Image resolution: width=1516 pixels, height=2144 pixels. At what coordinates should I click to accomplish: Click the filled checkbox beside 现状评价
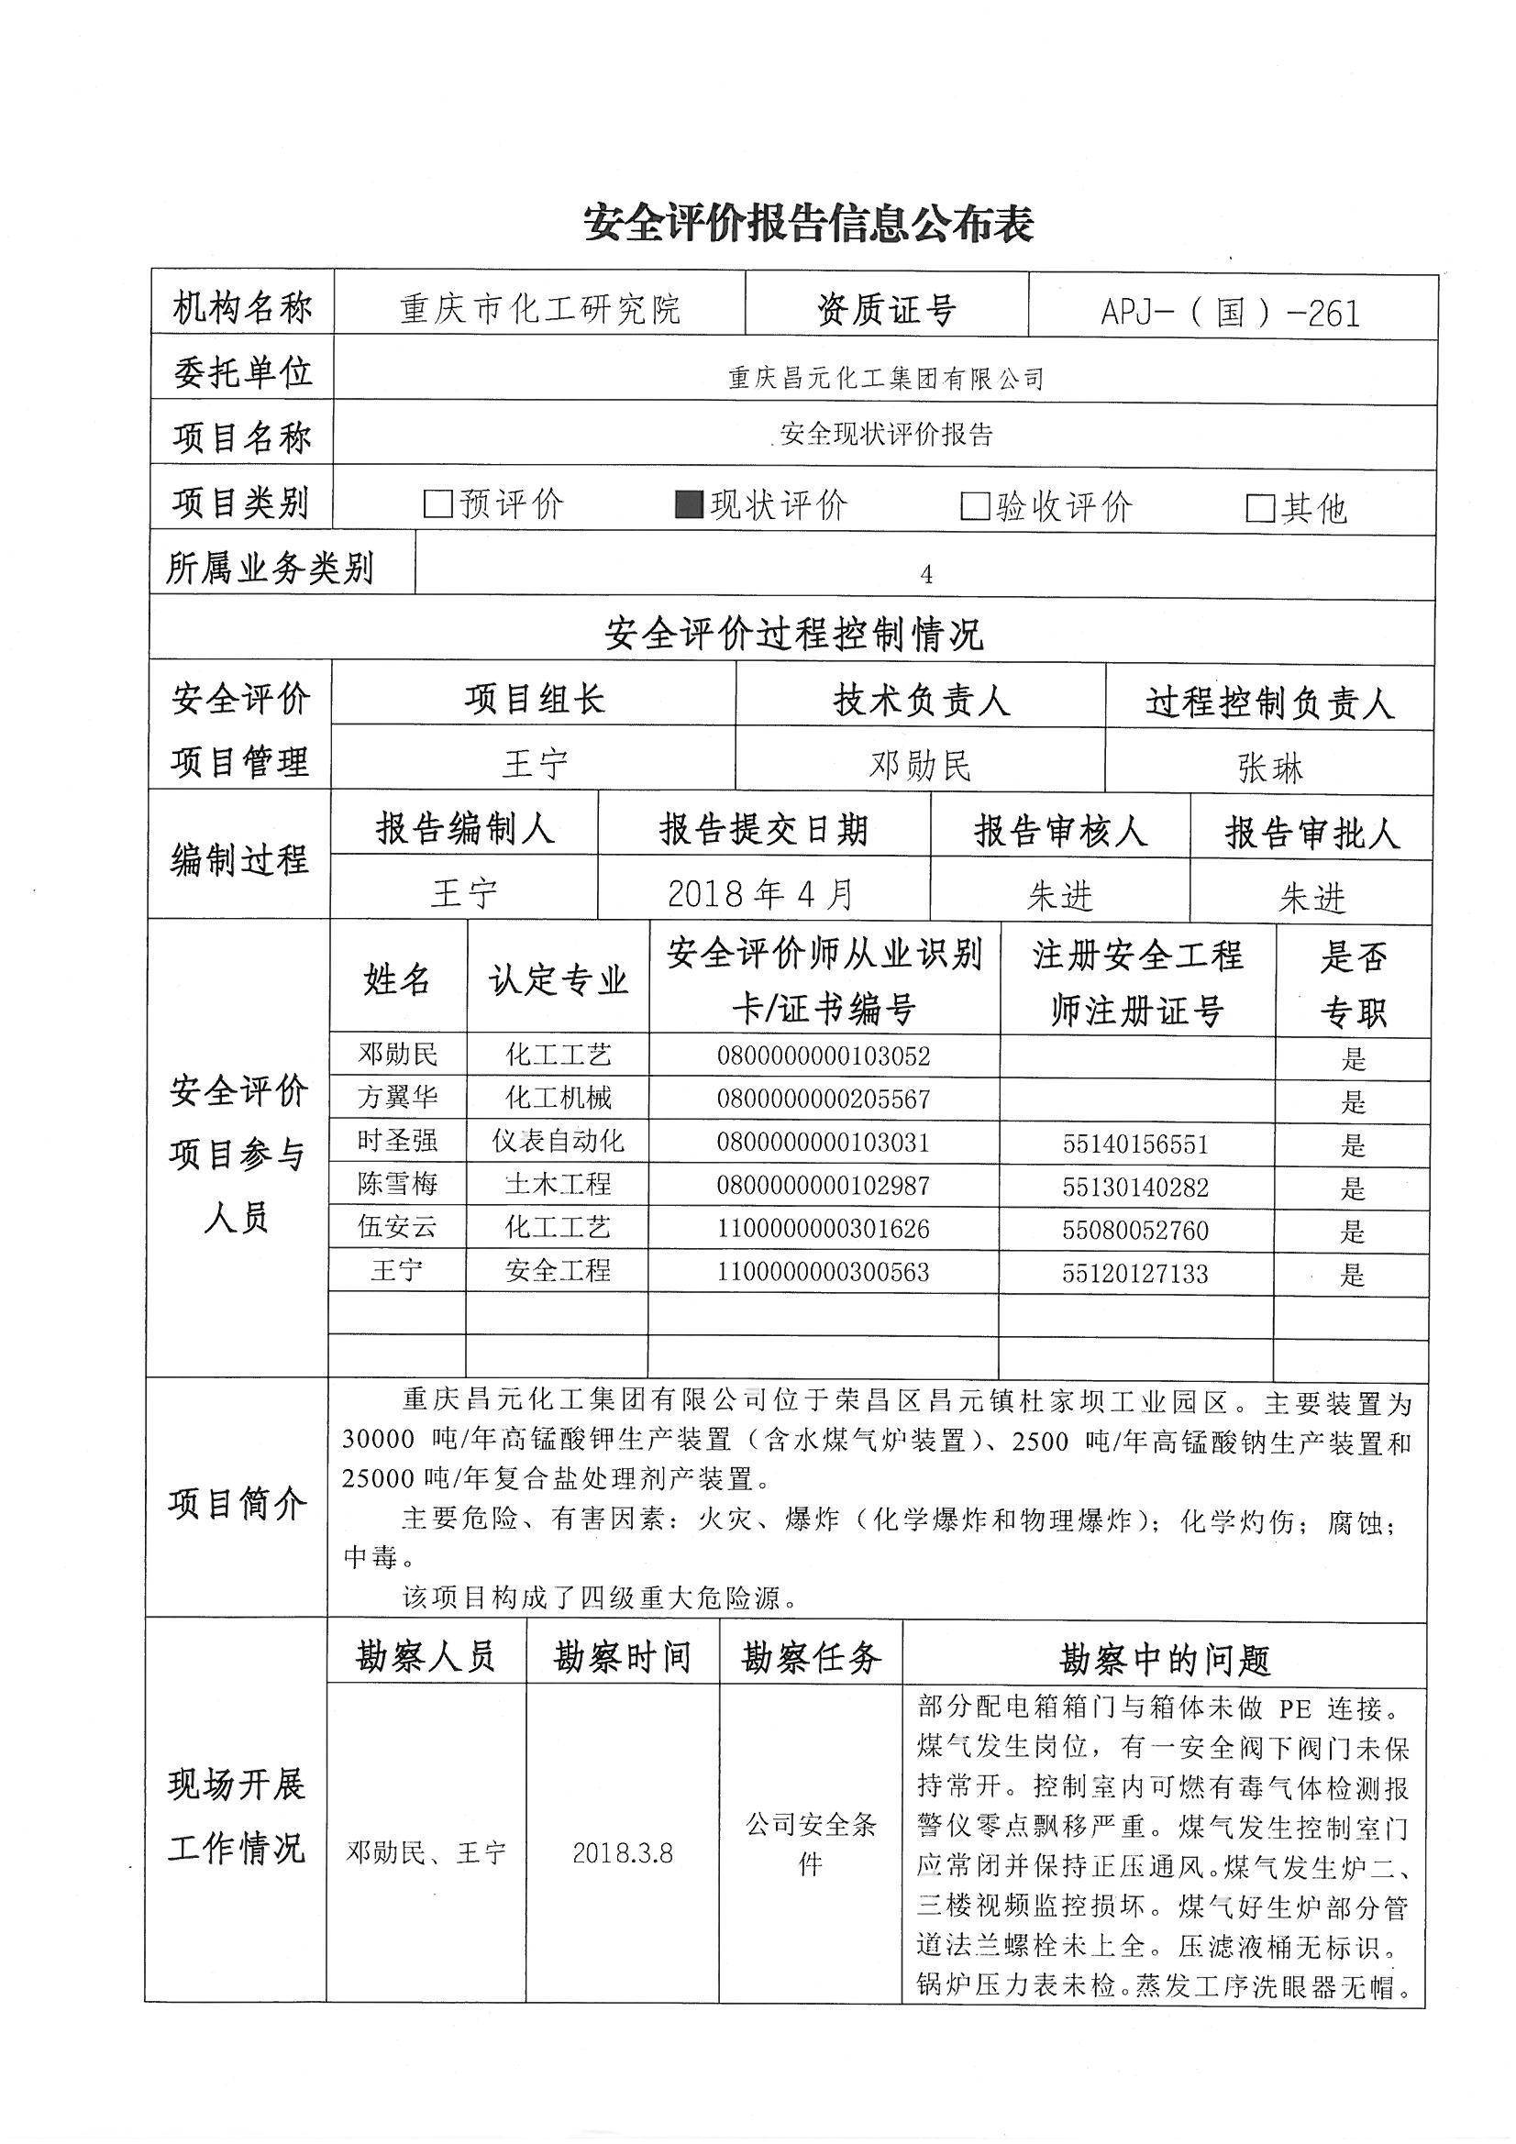coord(689,505)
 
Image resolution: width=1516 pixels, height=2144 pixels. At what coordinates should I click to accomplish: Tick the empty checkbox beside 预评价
coord(437,505)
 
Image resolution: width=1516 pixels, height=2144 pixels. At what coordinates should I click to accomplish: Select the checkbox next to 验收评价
coord(974,507)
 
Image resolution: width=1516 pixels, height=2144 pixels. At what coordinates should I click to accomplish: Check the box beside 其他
coord(1260,509)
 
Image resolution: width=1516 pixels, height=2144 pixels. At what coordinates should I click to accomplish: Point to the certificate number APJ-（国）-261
coord(1230,313)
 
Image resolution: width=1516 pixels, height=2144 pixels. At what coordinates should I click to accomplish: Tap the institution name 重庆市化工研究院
coord(540,309)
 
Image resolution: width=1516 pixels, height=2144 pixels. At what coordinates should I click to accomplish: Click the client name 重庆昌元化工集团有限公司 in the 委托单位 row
coord(885,378)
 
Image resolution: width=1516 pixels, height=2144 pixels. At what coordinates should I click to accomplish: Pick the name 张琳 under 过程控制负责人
coord(1269,768)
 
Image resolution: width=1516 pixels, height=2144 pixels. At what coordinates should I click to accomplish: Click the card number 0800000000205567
coord(823,1100)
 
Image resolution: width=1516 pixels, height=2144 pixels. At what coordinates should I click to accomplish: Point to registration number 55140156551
coord(1134,1144)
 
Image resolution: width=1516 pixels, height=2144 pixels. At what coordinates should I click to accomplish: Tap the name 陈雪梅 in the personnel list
coord(397,1184)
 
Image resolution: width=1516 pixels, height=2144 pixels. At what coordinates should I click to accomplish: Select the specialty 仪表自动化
coord(558,1141)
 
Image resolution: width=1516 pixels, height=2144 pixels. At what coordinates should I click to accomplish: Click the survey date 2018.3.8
coord(622,1852)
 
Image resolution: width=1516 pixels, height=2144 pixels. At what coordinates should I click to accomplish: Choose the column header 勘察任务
coord(811,1657)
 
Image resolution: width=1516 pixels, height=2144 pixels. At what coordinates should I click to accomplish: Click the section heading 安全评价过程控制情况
coord(793,634)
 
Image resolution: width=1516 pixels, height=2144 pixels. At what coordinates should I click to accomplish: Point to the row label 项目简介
coord(238,1503)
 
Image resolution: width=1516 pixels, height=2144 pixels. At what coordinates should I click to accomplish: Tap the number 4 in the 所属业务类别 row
coord(925,575)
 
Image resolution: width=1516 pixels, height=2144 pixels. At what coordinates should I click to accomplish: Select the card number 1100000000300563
coord(823,1272)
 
